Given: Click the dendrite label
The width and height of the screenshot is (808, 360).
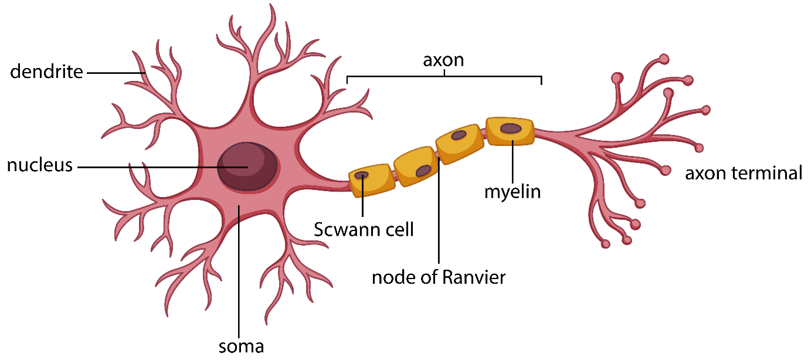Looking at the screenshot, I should [46, 73].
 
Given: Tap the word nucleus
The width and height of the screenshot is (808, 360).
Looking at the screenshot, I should [40, 166].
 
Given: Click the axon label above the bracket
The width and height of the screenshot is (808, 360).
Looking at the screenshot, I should [443, 60].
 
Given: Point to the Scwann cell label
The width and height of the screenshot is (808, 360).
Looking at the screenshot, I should [364, 229].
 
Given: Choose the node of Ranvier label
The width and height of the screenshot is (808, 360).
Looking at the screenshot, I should [439, 277].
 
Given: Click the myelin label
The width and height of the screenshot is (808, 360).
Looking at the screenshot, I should [512, 192].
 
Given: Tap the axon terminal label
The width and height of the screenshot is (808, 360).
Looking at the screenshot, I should [744, 174].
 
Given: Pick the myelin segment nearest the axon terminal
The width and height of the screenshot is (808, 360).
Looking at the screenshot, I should [510, 131].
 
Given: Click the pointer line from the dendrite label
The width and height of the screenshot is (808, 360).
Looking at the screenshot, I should [115, 73].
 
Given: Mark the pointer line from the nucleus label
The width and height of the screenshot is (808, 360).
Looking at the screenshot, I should [158, 167].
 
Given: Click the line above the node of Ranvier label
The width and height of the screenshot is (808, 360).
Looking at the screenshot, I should [439, 217].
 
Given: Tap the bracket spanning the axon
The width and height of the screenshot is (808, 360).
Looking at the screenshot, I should [444, 76].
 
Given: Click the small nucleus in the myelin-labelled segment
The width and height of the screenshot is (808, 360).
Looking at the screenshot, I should [511, 128].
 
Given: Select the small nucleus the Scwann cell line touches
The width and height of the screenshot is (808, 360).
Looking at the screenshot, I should [362, 175].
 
